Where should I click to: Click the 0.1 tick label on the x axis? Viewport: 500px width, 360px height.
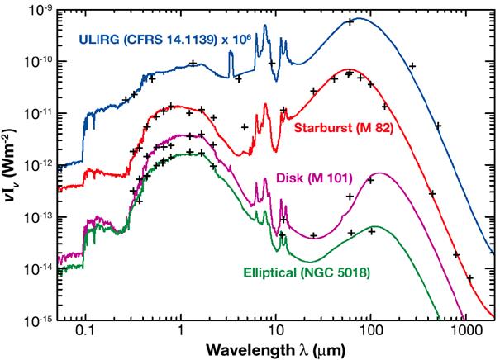point(85,330)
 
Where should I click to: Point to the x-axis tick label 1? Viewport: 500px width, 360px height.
point(180,330)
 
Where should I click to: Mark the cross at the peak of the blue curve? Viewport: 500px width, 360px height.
point(350,21)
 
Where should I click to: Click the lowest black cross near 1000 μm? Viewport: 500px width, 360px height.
point(469,278)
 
